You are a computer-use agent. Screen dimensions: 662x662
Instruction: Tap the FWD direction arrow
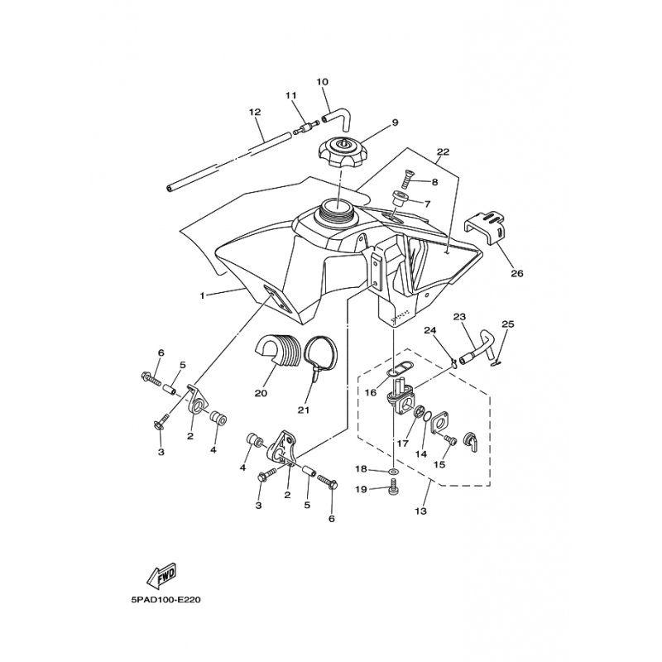point(161,575)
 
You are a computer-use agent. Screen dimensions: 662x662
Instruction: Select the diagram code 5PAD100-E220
point(166,599)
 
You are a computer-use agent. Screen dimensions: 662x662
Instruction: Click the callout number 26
point(516,274)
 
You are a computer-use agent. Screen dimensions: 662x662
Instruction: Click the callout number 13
point(421,511)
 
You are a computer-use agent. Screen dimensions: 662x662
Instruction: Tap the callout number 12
point(255,113)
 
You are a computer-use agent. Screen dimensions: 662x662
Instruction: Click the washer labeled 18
point(394,470)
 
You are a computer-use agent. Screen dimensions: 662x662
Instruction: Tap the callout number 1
point(202,295)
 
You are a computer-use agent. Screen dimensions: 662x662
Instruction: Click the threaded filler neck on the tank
point(337,210)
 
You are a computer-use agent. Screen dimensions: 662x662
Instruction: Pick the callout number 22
point(444,151)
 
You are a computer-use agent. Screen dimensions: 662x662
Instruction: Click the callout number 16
point(370,392)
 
